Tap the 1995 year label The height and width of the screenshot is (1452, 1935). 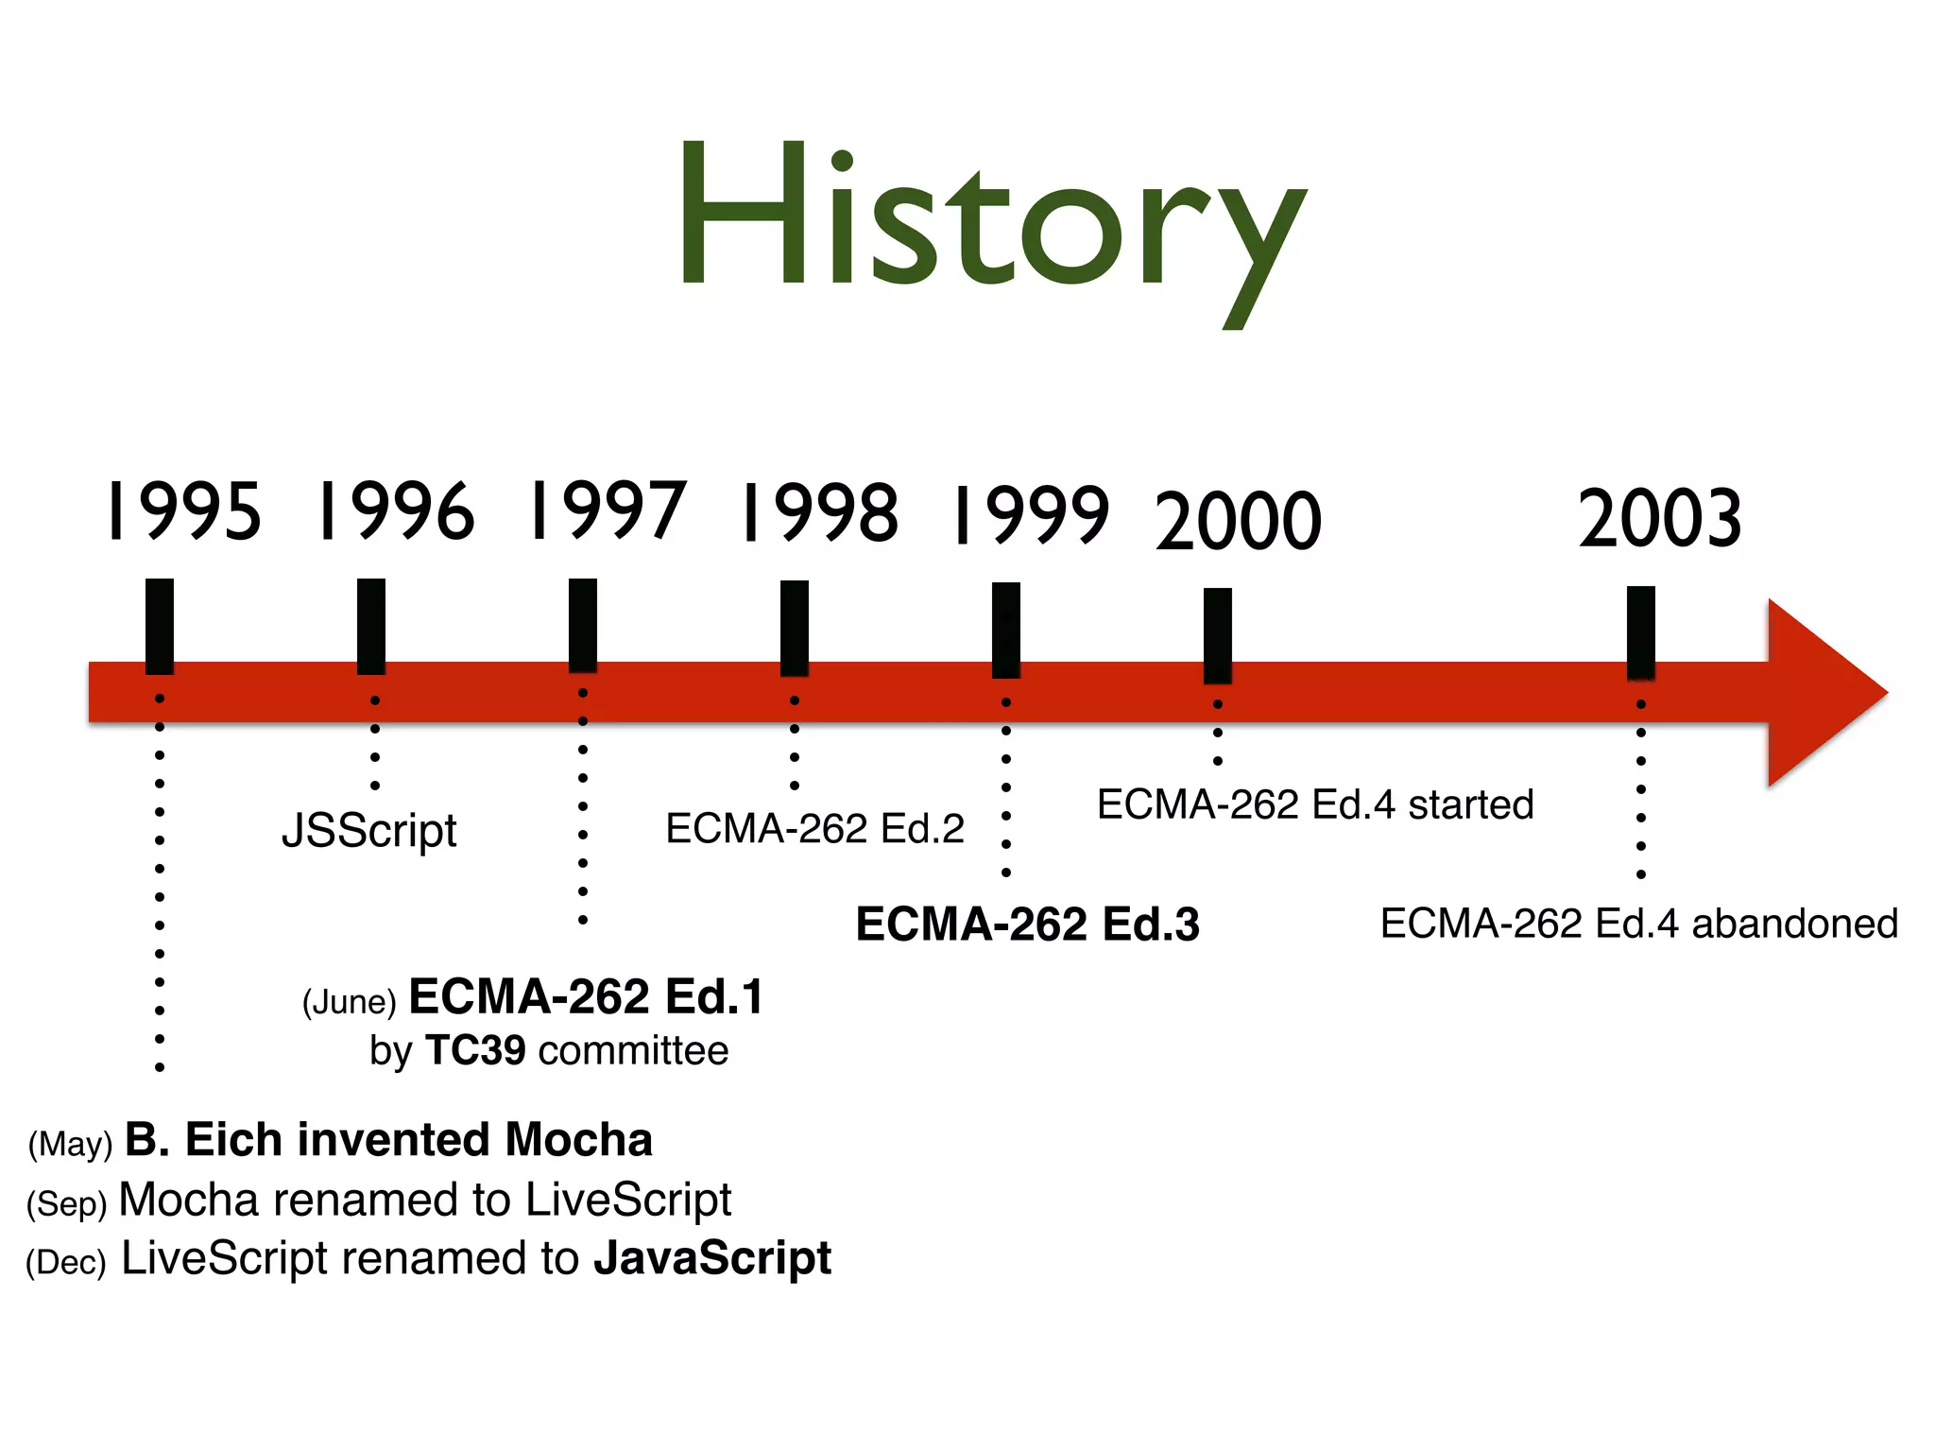tap(183, 511)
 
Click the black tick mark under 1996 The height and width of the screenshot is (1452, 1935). tap(371, 626)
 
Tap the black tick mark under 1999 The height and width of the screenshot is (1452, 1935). tap(1006, 630)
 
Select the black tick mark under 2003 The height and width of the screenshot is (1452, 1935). tap(1641, 631)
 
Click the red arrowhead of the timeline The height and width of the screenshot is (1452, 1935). tap(1819, 693)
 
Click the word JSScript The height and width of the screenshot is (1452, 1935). tap(369, 831)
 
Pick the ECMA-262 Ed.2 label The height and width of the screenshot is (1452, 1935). tap(814, 829)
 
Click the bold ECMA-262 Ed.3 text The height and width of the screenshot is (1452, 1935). tap(1027, 925)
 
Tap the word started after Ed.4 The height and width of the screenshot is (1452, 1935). tap(1470, 805)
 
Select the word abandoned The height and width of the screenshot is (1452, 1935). tap(1794, 924)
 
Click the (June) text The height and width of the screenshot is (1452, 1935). tap(349, 1002)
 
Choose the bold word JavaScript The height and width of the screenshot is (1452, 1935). tap(712, 1258)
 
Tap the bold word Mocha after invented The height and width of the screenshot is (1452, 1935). tap(578, 1140)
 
